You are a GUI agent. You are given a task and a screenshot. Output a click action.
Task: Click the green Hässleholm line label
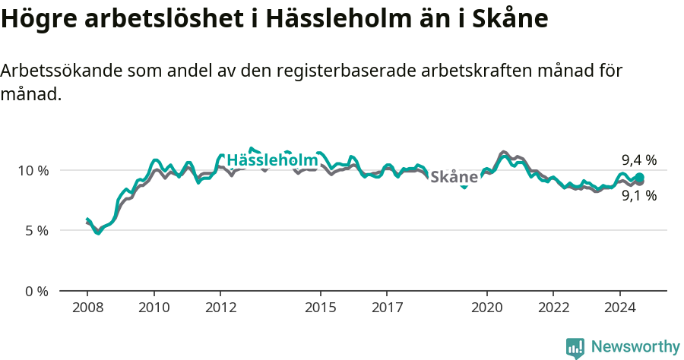(272, 160)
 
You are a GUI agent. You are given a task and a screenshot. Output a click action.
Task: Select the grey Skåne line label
(454, 177)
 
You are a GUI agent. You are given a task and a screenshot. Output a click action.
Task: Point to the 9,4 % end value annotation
(638, 159)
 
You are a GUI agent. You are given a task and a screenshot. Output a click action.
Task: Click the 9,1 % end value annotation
(638, 195)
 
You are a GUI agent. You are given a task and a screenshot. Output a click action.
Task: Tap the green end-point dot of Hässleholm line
(640, 177)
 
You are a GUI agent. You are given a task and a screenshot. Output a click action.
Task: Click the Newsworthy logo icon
(575, 347)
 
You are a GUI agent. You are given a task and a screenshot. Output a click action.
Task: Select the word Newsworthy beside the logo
(635, 347)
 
